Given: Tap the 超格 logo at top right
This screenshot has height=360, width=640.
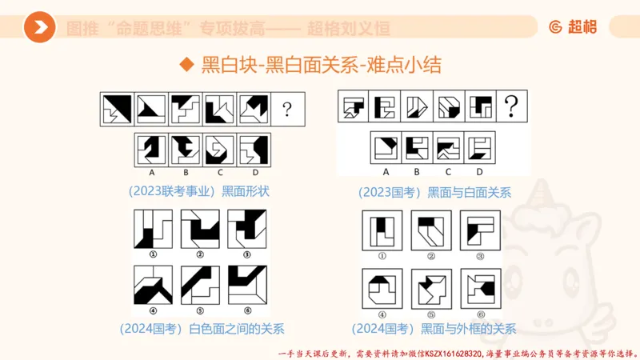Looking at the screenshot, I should click(x=573, y=27).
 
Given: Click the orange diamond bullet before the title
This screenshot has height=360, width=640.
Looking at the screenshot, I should click(x=186, y=65).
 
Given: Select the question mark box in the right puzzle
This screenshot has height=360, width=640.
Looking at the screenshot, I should click(x=512, y=106).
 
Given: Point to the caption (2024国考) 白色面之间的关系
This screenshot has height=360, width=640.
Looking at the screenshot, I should click(x=201, y=328).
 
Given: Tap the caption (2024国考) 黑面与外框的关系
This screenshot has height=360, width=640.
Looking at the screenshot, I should click(x=434, y=328).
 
